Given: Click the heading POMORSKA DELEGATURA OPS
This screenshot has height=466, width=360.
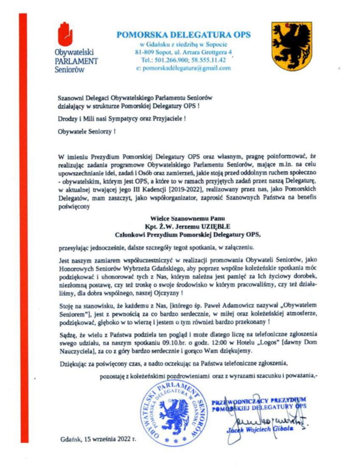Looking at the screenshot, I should (183, 34).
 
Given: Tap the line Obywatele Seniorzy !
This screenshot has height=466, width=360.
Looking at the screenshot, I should (87, 132).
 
